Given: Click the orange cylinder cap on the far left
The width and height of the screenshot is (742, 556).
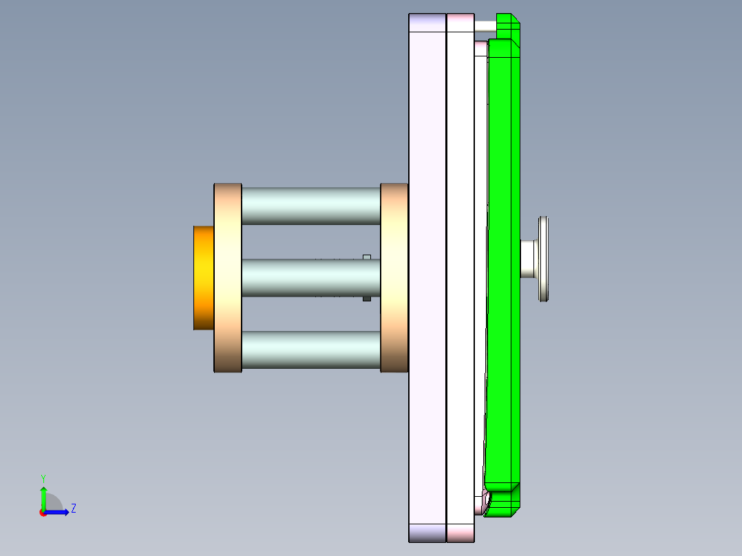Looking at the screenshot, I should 204,277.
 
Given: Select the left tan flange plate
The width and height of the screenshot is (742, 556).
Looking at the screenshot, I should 228,277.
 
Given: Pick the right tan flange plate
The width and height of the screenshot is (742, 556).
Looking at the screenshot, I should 394,277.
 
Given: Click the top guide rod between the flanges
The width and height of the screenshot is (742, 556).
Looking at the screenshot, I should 310,205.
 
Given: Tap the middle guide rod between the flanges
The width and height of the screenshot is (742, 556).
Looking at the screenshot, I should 303,277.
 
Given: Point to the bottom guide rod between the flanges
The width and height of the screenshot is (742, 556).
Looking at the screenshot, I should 310,350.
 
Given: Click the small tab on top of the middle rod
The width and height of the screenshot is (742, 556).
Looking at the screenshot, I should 367,257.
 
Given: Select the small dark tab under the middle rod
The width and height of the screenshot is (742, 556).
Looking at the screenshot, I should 367,299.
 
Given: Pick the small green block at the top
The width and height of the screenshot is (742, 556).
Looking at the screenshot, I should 508,26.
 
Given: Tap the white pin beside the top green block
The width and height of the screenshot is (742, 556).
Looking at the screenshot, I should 485,25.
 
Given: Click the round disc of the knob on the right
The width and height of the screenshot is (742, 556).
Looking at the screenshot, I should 544,259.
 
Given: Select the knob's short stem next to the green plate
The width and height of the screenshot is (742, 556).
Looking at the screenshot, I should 529,259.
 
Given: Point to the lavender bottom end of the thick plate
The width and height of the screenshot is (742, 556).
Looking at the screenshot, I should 427,532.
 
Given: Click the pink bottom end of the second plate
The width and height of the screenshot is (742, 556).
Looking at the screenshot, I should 460,532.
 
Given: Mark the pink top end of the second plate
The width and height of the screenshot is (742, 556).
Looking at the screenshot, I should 460,22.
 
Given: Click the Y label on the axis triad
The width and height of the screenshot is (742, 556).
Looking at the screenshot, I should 43,478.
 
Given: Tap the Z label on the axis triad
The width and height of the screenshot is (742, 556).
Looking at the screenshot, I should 73,509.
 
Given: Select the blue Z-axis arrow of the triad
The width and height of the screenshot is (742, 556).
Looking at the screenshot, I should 58,512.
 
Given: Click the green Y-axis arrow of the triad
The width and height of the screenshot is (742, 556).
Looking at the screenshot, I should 43,498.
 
